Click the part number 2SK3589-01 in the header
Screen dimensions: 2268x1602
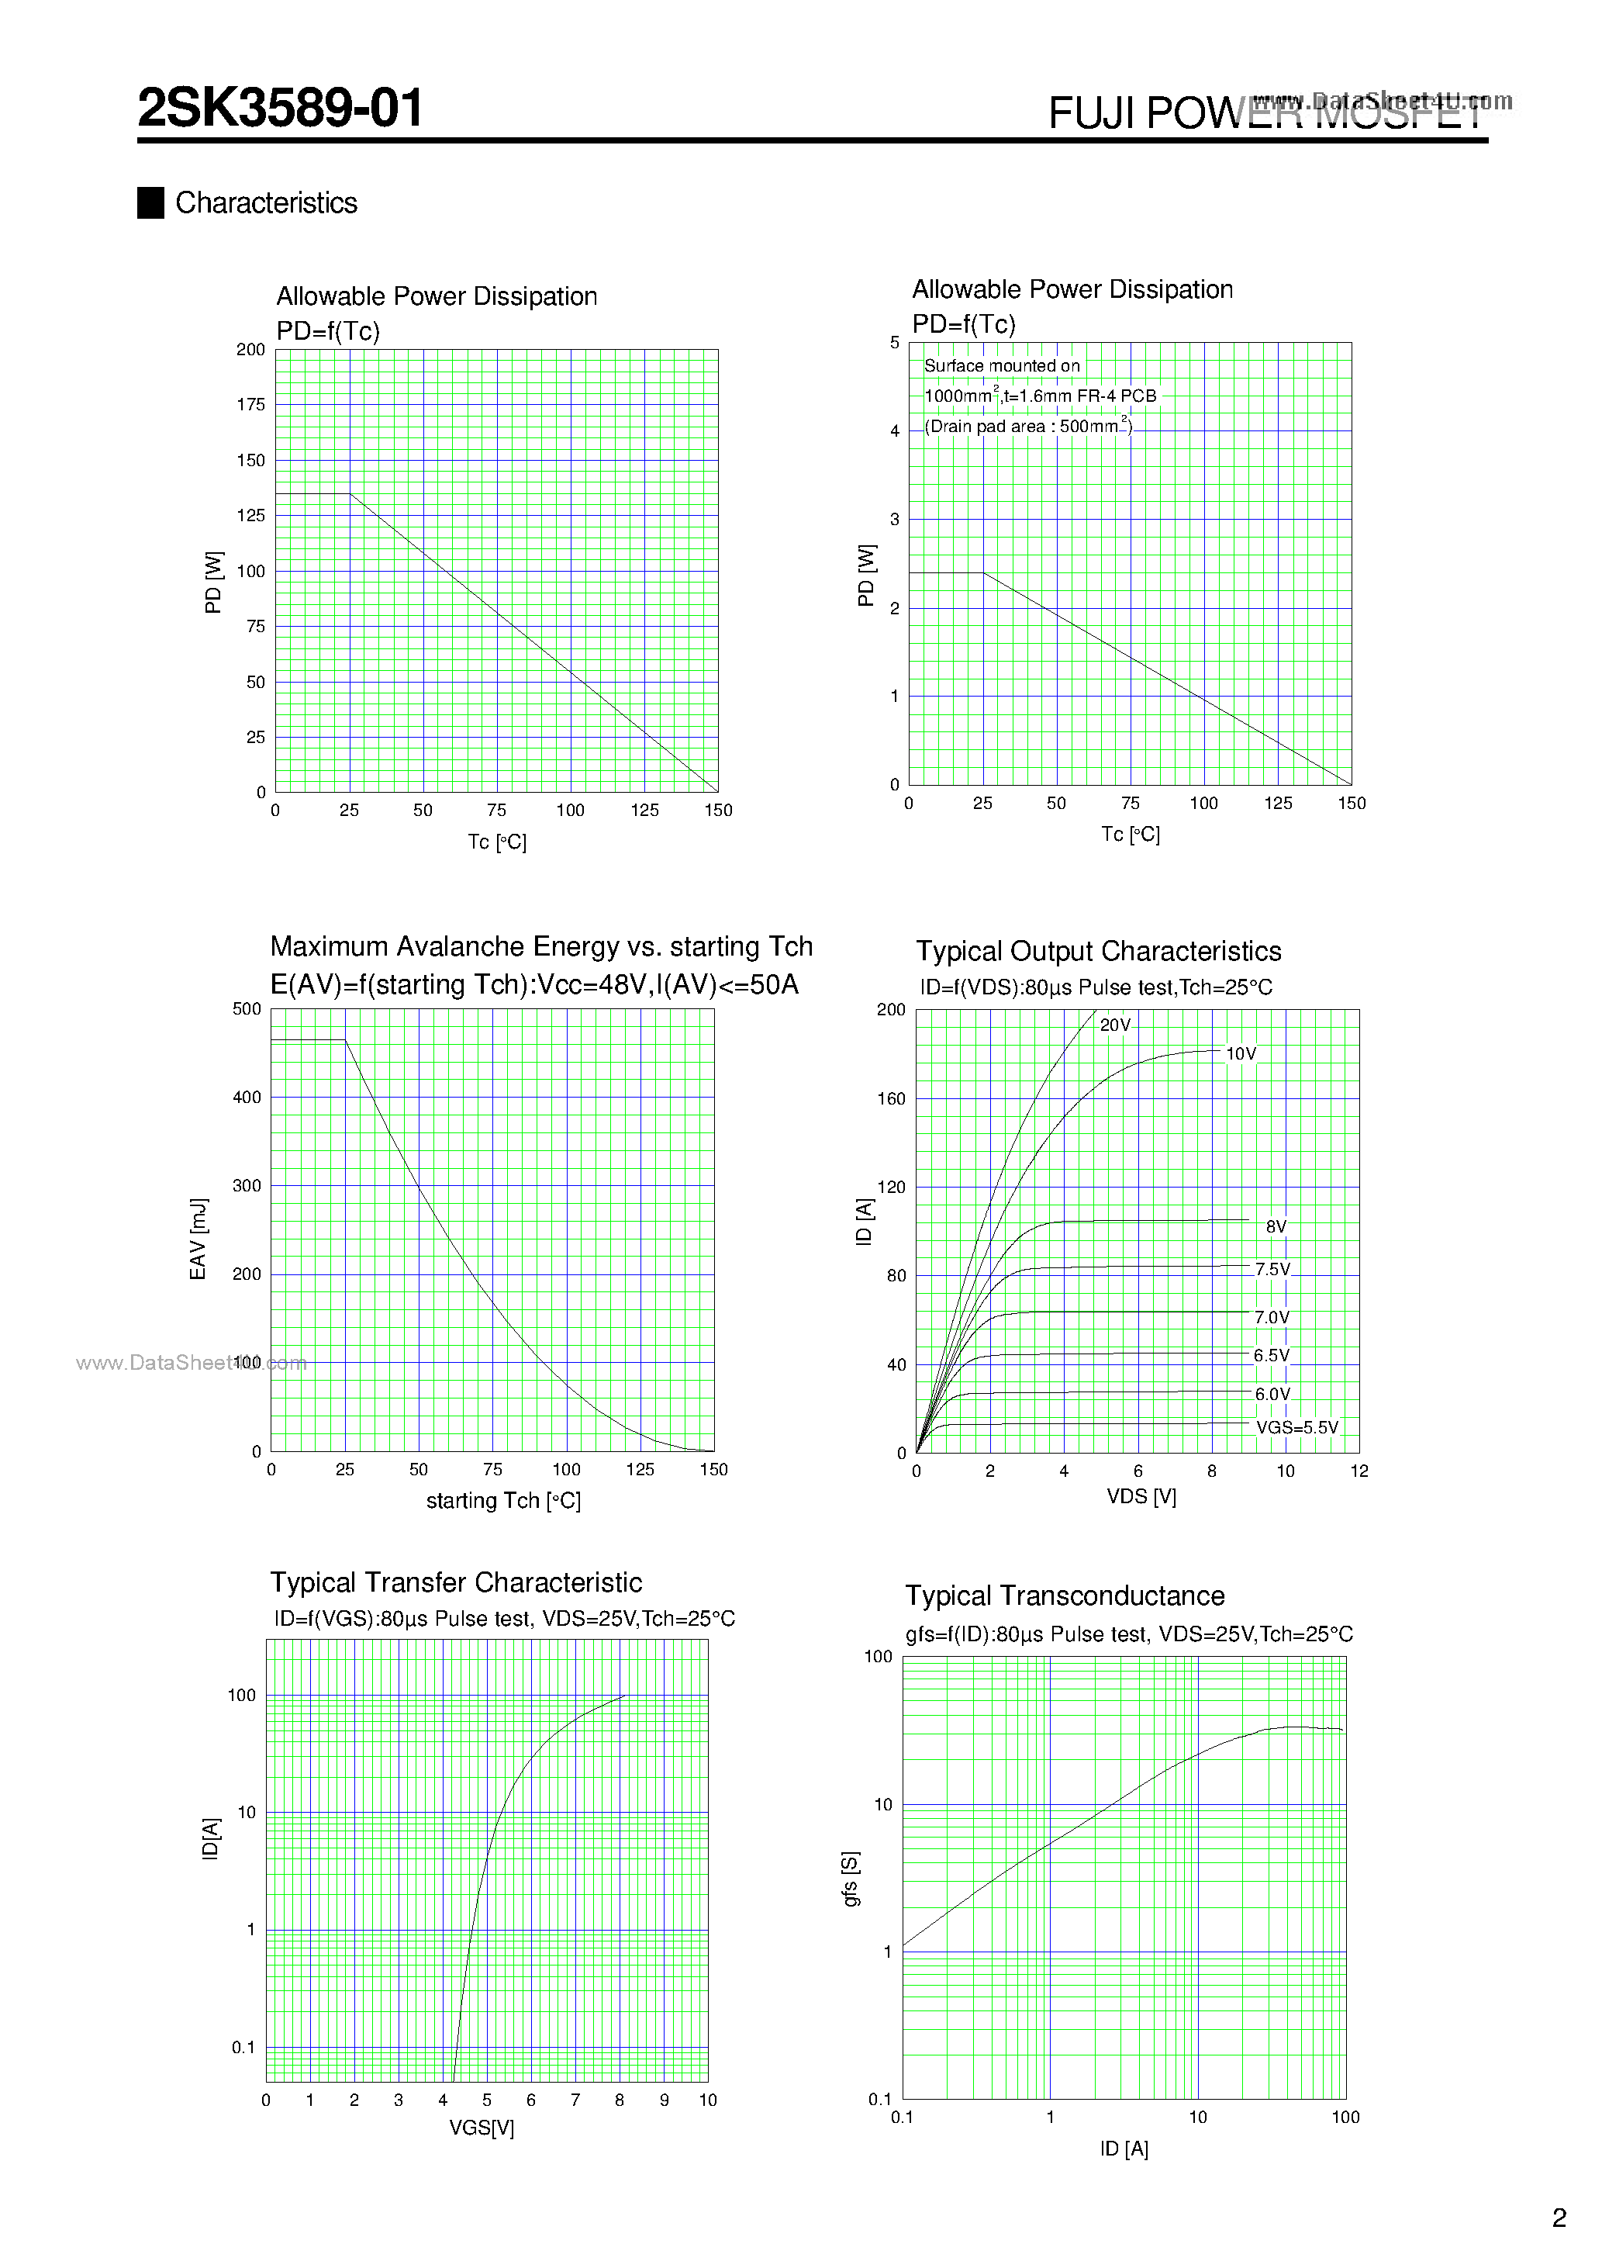pos(281,108)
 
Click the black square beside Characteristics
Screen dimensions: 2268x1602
pos(150,202)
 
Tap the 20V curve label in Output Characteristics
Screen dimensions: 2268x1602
pos(1115,1025)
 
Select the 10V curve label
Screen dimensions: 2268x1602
pos(1241,1054)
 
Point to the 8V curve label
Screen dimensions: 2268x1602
pos(1276,1227)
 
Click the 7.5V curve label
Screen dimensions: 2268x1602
pos(1272,1269)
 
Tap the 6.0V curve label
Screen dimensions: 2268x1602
pos(1272,1394)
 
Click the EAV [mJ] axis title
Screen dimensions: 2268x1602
pos(199,1239)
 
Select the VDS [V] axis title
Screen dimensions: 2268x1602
pos(1141,1496)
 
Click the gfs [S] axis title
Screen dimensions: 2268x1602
pos(849,1879)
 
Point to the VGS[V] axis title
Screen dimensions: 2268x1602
pos(482,2128)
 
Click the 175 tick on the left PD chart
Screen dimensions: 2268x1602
pos(251,404)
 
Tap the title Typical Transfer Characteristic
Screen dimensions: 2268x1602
pos(455,1582)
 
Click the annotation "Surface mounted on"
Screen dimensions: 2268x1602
pos(1002,365)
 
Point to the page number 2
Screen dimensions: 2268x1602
pos(1559,2218)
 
